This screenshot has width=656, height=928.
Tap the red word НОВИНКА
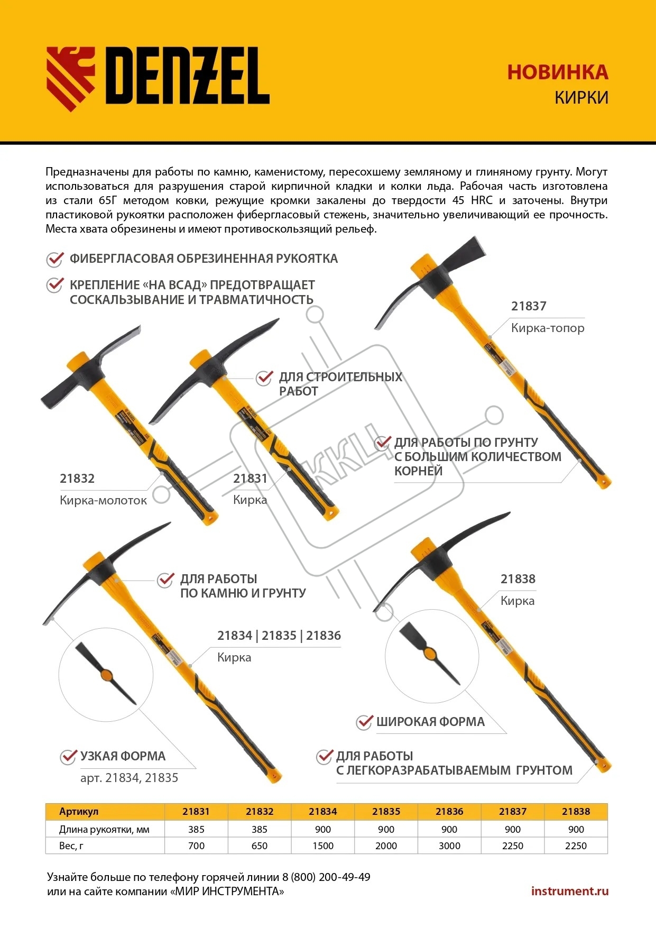coord(558,72)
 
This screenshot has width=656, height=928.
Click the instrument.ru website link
coord(570,891)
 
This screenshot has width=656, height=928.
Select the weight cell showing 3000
coord(449,846)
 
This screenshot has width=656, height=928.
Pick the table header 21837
coord(513,811)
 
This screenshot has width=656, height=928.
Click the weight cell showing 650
coord(260,846)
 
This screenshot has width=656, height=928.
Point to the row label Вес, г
coord(71,846)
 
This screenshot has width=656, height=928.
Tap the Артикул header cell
coord(79,811)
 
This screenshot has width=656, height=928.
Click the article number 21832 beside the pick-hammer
coord(77,479)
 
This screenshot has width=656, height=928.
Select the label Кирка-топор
coord(548,328)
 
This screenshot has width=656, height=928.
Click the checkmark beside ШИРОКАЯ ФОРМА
coord(364,722)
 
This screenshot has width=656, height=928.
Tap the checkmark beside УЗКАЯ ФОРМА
coord(68,757)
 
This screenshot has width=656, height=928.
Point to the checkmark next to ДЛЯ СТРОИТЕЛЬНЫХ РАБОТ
coord(264,378)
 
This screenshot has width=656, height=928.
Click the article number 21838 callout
coord(518,579)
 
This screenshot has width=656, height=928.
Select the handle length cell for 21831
coord(196,829)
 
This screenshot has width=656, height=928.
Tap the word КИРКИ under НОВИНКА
coord(581,98)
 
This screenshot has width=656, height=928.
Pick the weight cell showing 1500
coord(323,846)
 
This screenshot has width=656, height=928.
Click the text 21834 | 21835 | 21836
coord(279,636)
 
